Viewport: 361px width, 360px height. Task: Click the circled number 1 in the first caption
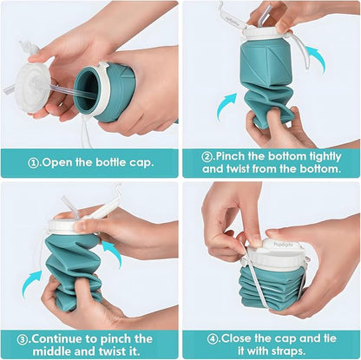33,161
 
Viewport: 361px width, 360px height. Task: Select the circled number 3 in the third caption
23,338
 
